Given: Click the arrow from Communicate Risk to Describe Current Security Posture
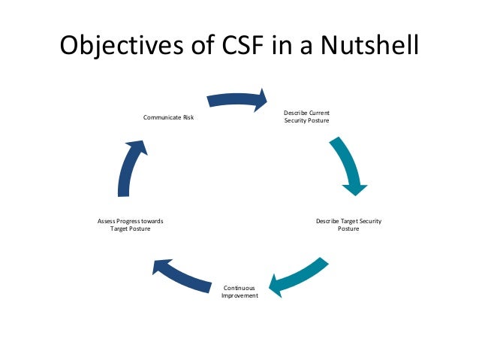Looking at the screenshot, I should pyautogui.click(x=237, y=98).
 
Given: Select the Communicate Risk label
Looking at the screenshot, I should pyautogui.click(x=168, y=117).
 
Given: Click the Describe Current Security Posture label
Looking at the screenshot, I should pyautogui.click(x=306, y=117).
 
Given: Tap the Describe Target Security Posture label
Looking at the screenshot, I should pyautogui.click(x=348, y=225).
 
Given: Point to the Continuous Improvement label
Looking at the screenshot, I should pyautogui.click(x=239, y=292).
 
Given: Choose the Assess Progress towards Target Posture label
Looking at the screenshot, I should pyautogui.click(x=131, y=225).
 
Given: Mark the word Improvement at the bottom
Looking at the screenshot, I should pyautogui.click(x=239, y=296).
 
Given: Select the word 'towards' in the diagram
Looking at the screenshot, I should pyautogui.click(x=152, y=221).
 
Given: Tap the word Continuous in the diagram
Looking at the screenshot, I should pyautogui.click(x=239, y=288).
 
